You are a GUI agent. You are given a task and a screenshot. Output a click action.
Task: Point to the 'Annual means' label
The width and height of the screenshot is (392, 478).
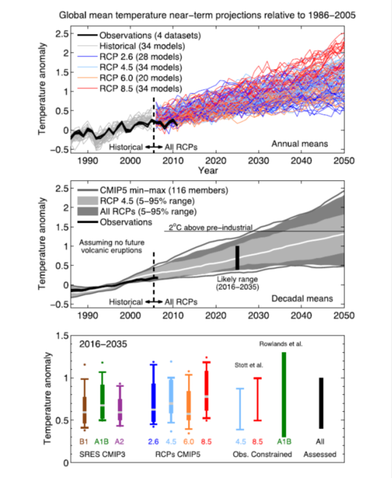[x=300, y=144]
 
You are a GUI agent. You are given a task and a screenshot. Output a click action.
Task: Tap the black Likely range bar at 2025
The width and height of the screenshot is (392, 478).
[x=237, y=258]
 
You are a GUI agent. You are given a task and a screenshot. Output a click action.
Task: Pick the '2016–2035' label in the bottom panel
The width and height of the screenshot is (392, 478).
[x=104, y=344]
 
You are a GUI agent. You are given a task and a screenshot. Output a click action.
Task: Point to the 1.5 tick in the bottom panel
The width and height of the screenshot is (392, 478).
[x=61, y=336]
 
